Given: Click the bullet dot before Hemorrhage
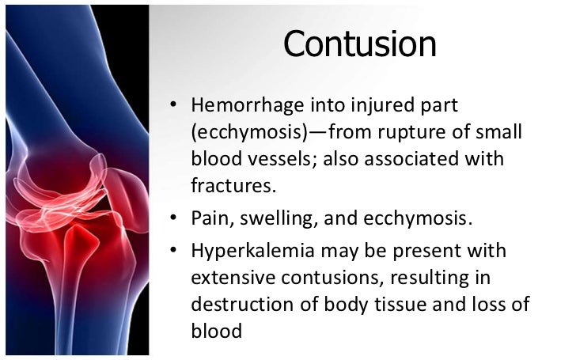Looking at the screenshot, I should pyautogui.click(x=174, y=106).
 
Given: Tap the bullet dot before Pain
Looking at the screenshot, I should pyautogui.click(x=174, y=219).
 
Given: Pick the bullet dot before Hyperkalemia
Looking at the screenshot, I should pyautogui.click(x=174, y=252).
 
